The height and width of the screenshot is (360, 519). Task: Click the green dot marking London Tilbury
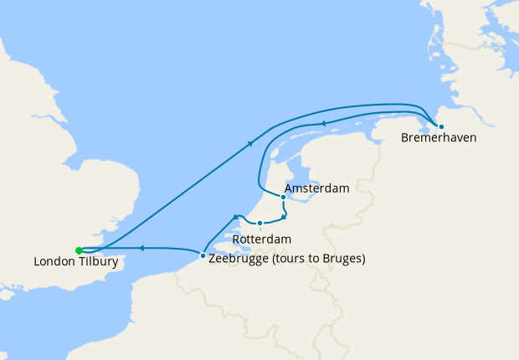coord(79,250)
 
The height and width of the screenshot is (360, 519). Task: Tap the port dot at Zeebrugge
coord(203,255)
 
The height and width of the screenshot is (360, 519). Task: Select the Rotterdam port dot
coord(260,224)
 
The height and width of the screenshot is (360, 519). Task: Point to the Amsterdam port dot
coord(283,198)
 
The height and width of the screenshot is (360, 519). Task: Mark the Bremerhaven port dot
coord(441,126)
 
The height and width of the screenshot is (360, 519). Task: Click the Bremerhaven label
coord(439,137)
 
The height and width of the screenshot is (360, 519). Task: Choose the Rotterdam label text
coord(262,239)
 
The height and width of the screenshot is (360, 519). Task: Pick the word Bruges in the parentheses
coord(342,259)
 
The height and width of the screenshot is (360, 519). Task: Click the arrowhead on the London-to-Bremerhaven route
coord(250,145)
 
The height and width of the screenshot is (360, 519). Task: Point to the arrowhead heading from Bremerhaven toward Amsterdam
coord(325,124)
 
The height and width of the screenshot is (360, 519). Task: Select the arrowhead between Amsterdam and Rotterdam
coord(285,216)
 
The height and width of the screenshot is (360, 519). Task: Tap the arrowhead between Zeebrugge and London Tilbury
coord(141,248)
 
